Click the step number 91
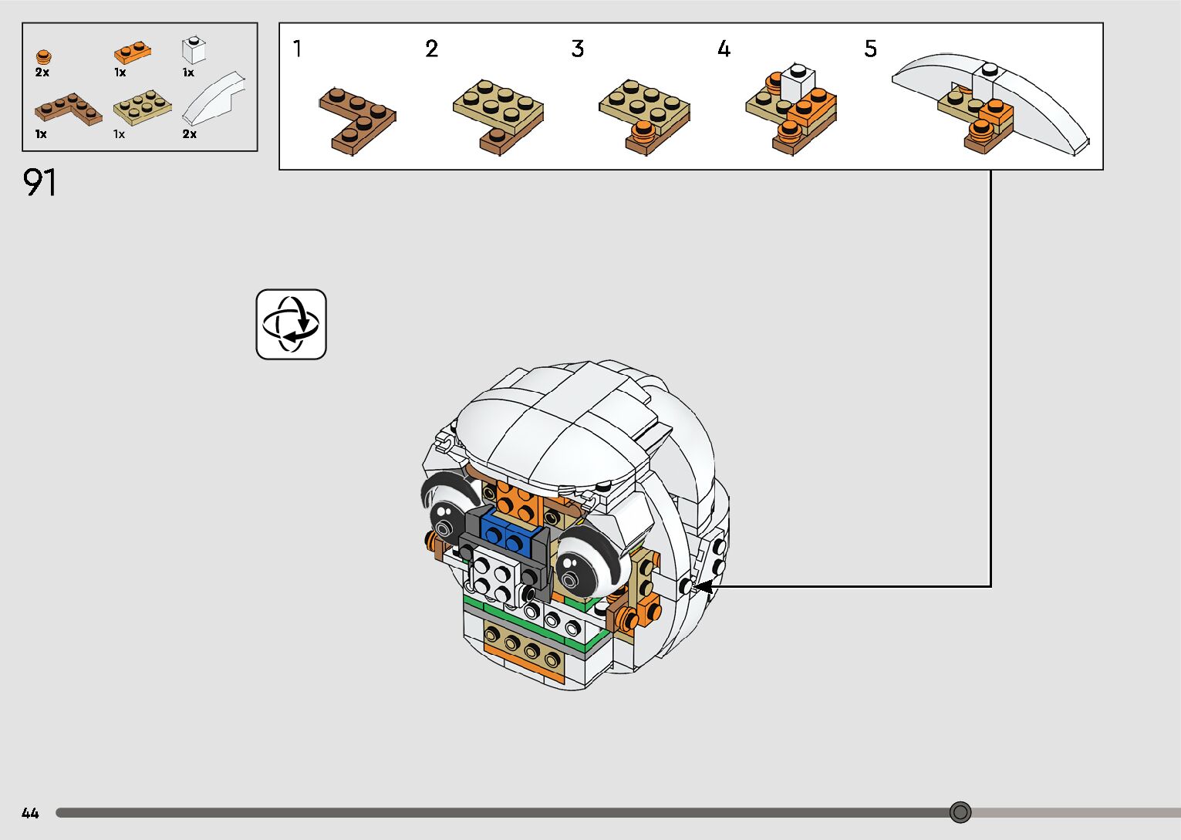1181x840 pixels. pos(39,183)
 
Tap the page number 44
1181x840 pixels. pos(30,813)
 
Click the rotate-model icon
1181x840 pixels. pos(291,324)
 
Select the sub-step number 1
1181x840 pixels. pos(297,49)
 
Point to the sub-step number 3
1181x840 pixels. pos(577,49)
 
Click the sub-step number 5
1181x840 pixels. pos(870,49)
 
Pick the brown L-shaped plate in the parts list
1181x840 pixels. pos(68,110)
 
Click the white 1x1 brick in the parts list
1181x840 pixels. pos(194,51)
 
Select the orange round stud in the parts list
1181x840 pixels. pos(44,57)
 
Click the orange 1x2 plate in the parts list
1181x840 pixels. pos(133,52)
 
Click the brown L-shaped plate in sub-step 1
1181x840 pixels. pos(357,119)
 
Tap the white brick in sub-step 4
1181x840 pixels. pos(798,80)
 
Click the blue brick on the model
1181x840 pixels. pos(506,533)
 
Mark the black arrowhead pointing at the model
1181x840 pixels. pos(702,587)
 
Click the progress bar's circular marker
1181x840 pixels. pos(960,812)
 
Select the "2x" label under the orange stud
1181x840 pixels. pos(42,73)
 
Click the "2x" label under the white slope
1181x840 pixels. pos(190,134)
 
